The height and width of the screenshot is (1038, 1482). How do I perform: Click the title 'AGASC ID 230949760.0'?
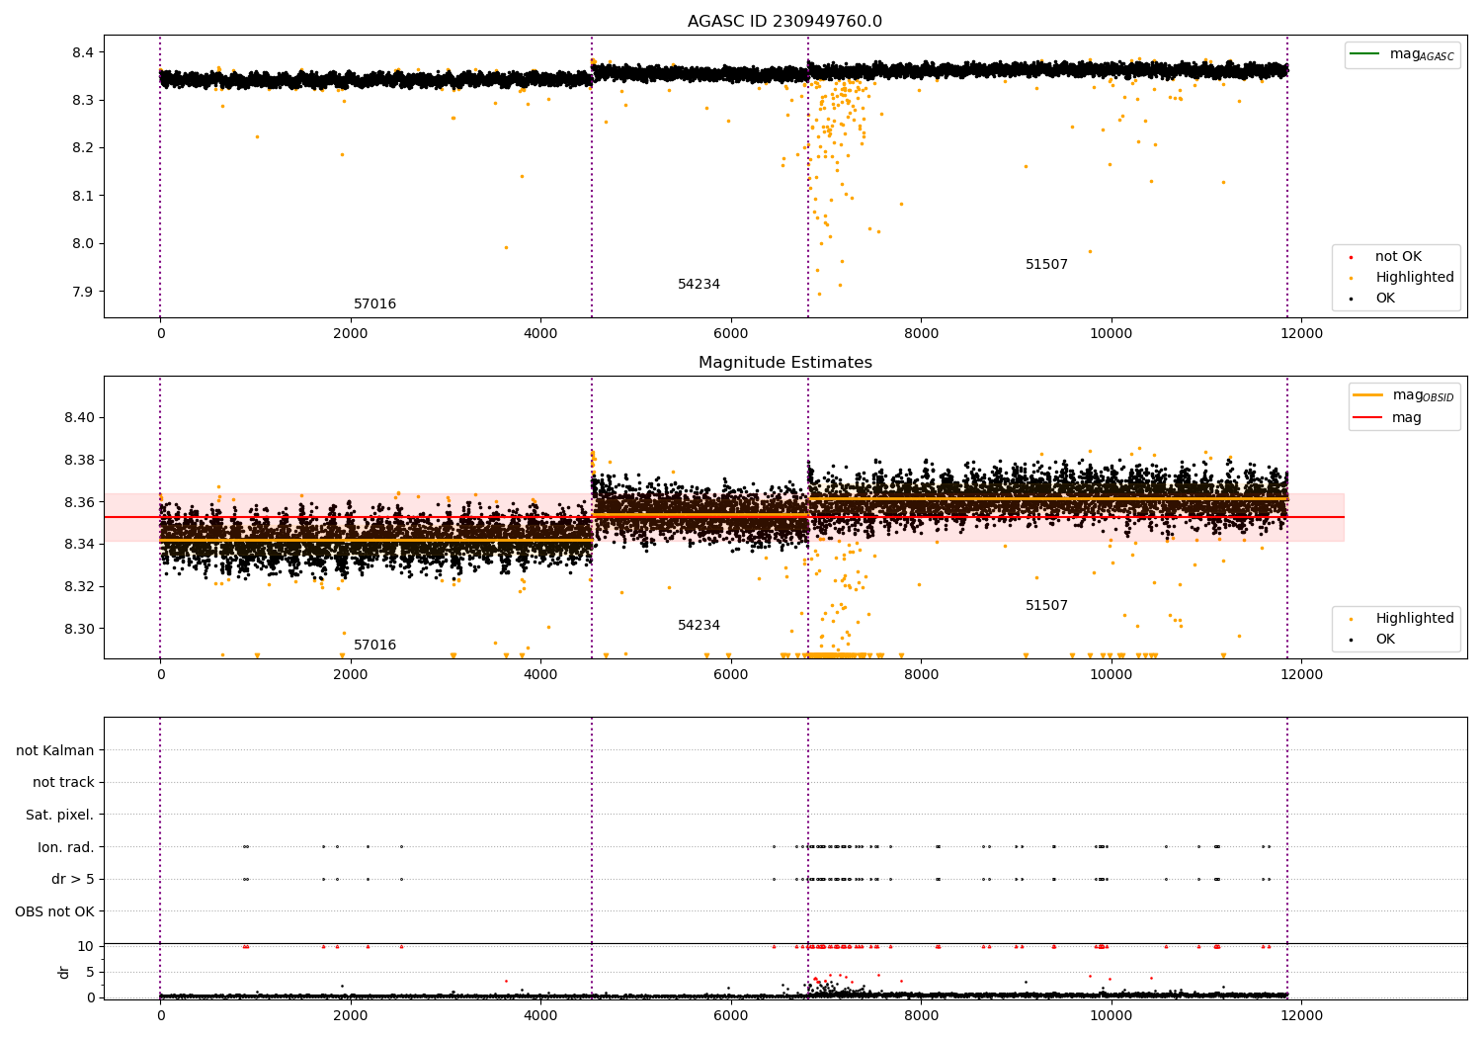tap(784, 22)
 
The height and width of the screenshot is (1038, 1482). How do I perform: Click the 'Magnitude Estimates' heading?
tap(784, 363)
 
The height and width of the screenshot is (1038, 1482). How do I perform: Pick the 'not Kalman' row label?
tap(55, 750)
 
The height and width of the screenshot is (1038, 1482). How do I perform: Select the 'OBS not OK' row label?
tap(54, 911)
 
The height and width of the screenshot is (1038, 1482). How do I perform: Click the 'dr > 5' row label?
tap(73, 879)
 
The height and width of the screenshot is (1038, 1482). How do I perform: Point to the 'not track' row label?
tap(63, 783)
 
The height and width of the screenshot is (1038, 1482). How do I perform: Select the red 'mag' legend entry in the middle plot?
tap(1406, 417)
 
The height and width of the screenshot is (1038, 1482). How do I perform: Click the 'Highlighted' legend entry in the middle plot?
tap(1414, 619)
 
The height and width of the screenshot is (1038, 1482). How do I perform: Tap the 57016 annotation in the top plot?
tap(374, 304)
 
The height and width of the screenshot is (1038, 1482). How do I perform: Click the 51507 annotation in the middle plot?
tap(1046, 606)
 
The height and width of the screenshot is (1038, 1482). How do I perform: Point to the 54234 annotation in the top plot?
tap(699, 285)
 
